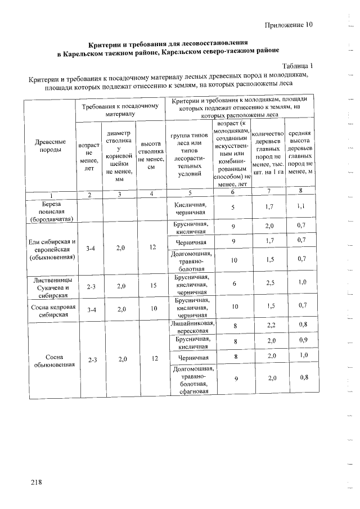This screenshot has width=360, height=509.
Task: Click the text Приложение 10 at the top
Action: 287,25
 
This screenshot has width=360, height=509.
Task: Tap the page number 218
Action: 37,482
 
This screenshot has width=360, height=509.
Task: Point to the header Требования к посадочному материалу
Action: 120,109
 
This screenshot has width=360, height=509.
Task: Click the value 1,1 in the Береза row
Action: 302,206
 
